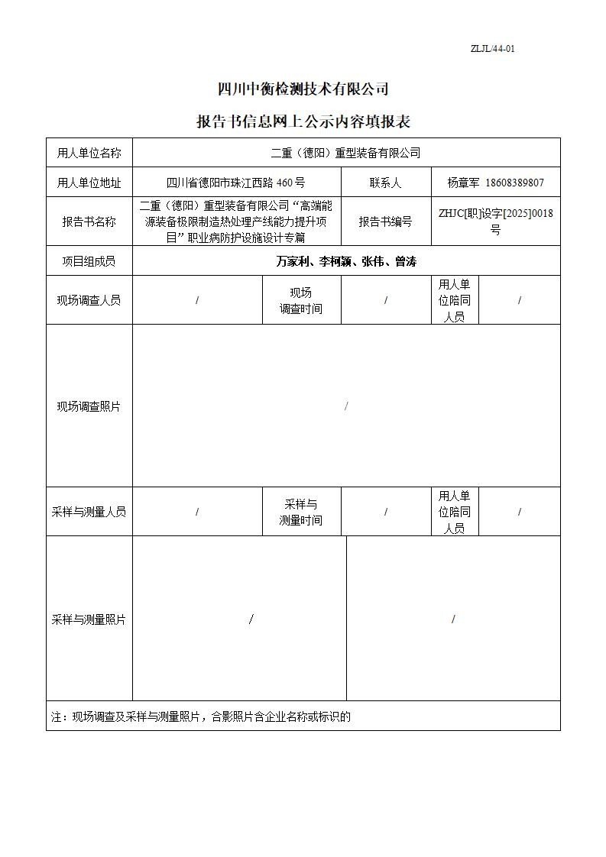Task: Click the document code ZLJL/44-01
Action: [x=492, y=49]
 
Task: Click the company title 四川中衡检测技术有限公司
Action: [x=303, y=89]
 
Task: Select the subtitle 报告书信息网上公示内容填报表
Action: [x=303, y=122]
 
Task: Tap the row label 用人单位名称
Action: [x=89, y=153]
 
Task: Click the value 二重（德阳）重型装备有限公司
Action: [x=345, y=153]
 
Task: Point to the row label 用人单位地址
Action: [x=89, y=183]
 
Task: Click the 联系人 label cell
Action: [x=385, y=183]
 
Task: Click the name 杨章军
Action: [x=463, y=183]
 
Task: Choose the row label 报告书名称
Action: [x=89, y=222]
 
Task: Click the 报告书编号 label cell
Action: [x=385, y=222]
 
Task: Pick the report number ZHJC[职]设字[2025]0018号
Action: [x=495, y=222]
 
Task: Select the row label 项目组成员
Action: [x=89, y=261]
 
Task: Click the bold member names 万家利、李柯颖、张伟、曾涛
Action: [x=345, y=261]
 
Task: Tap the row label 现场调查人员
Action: [x=89, y=300]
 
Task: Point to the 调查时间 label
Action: [x=301, y=309]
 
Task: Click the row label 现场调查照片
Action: [x=89, y=406]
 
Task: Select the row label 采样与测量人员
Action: [x=89, y=512]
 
